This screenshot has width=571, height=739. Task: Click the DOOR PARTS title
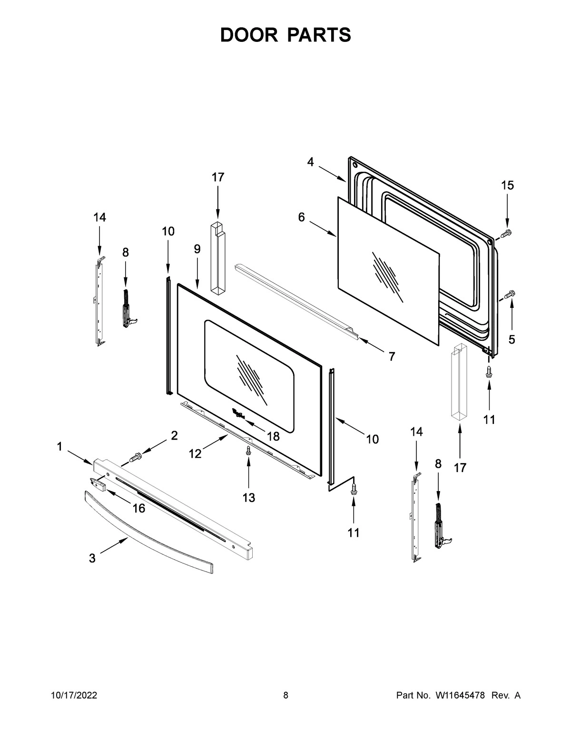pos(285,35)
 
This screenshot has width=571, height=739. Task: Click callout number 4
pos(310,163)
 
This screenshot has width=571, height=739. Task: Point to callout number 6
pos(301,217)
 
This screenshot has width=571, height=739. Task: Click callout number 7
pos(391,356)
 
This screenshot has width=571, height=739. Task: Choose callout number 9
pos(197,249)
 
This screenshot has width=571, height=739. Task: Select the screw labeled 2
pos(136,458)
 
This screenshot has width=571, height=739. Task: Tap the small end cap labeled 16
pos(99,483)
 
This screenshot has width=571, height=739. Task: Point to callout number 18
pos(273,436)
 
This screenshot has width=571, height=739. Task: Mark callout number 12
pos(195,454)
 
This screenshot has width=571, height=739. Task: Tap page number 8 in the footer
pos(285,696)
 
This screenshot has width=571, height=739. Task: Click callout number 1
pos(59,446)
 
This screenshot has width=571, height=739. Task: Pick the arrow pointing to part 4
pos(332,174)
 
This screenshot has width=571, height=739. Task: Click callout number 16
pos(138,508)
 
